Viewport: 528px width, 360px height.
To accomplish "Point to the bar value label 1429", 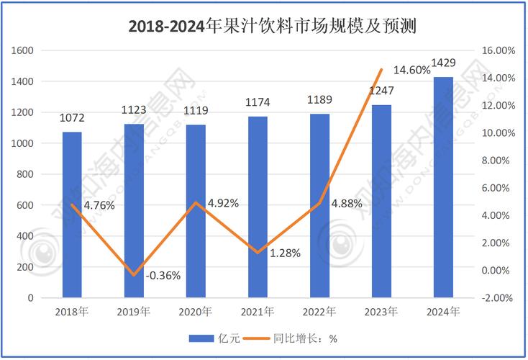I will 443,63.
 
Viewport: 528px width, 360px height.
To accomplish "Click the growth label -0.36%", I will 163,275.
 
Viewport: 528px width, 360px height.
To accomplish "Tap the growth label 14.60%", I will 413,70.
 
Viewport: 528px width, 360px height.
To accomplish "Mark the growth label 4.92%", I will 223,203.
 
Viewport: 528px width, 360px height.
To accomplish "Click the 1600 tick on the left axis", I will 25,51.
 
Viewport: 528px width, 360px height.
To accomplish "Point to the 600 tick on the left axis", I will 27,205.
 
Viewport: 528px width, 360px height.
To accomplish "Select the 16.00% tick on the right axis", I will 496,51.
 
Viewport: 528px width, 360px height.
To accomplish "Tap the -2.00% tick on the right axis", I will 496,297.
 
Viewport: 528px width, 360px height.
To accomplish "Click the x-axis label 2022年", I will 319,312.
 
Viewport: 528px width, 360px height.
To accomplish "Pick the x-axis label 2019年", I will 134,312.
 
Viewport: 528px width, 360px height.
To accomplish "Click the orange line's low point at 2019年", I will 133,274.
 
